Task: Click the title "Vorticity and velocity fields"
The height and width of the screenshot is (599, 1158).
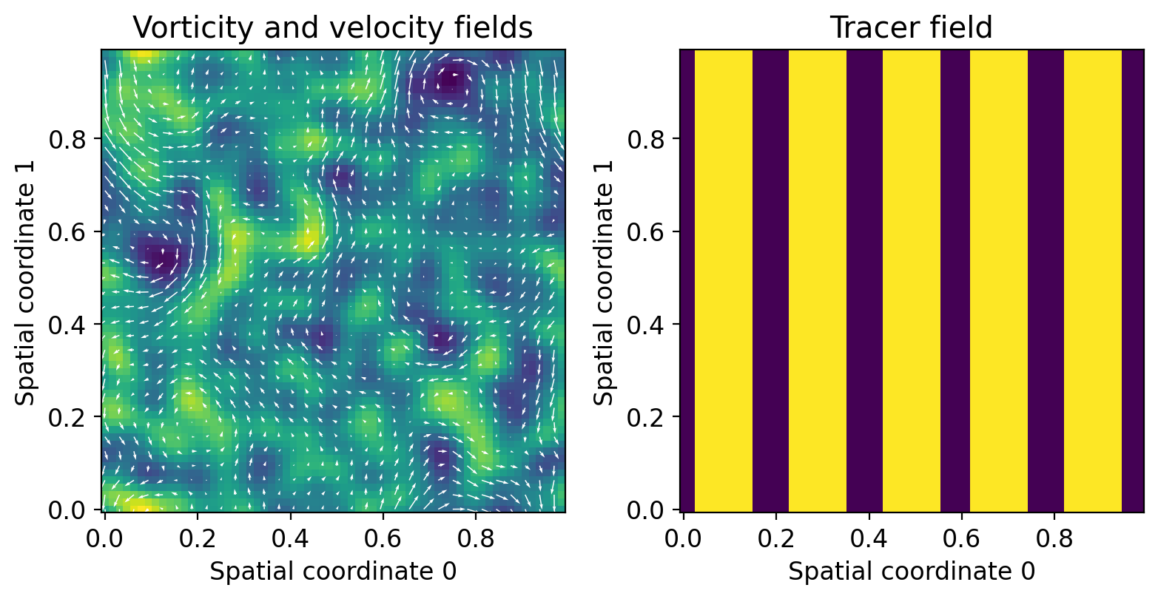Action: click(x=332, y=27)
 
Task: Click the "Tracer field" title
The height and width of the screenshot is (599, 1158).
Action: click(x=911, y=27)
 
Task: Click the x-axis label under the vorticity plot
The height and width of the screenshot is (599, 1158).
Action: click(x=332, y=572)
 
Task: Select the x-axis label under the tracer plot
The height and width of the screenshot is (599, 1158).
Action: click(x=911, y=572)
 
